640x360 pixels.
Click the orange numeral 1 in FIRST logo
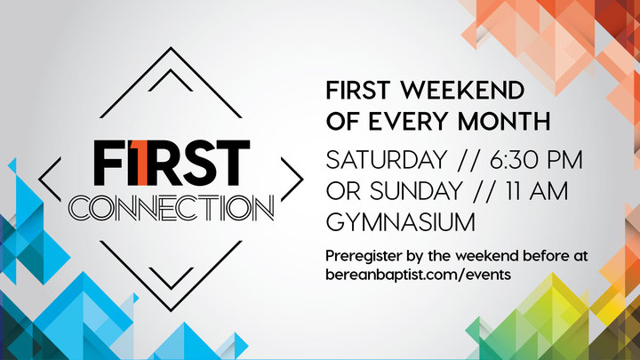(x=142, y=163)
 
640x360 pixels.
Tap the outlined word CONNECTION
(x=172, y=208)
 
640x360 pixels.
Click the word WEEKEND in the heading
(x=462, y=90)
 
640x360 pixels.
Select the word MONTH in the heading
(x=504, y=121)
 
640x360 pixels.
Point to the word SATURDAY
(x=387, y=160)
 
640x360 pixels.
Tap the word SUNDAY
(x=416, y=191)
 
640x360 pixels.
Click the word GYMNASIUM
(x=401, y=222)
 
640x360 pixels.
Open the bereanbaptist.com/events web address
(x=419, y=275)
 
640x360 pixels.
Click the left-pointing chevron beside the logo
(x=50, y=180)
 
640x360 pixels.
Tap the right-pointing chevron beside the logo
(x=292, y=180)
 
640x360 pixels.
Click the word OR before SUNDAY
(x=343, y=191)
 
